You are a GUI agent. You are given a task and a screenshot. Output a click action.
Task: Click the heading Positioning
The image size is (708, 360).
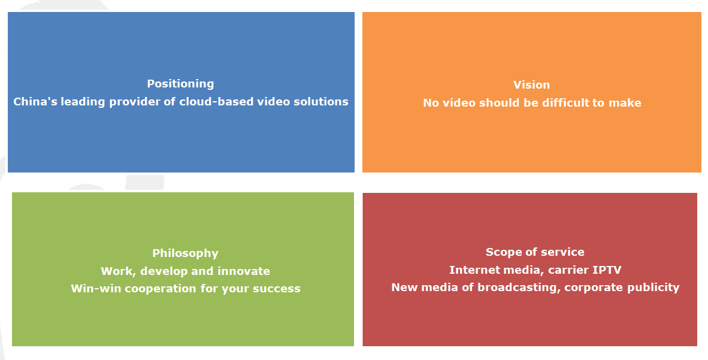[181, 84]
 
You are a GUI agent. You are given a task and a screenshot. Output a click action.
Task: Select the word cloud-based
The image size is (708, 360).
[216, 102]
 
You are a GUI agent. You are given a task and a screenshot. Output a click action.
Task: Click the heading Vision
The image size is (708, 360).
[531, 85]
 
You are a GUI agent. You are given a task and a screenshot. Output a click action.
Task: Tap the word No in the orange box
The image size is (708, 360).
[431, 103]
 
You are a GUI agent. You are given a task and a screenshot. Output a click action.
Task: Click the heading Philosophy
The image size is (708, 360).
[185, 253]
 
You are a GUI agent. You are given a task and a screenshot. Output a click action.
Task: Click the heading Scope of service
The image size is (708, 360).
[535, 252]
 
